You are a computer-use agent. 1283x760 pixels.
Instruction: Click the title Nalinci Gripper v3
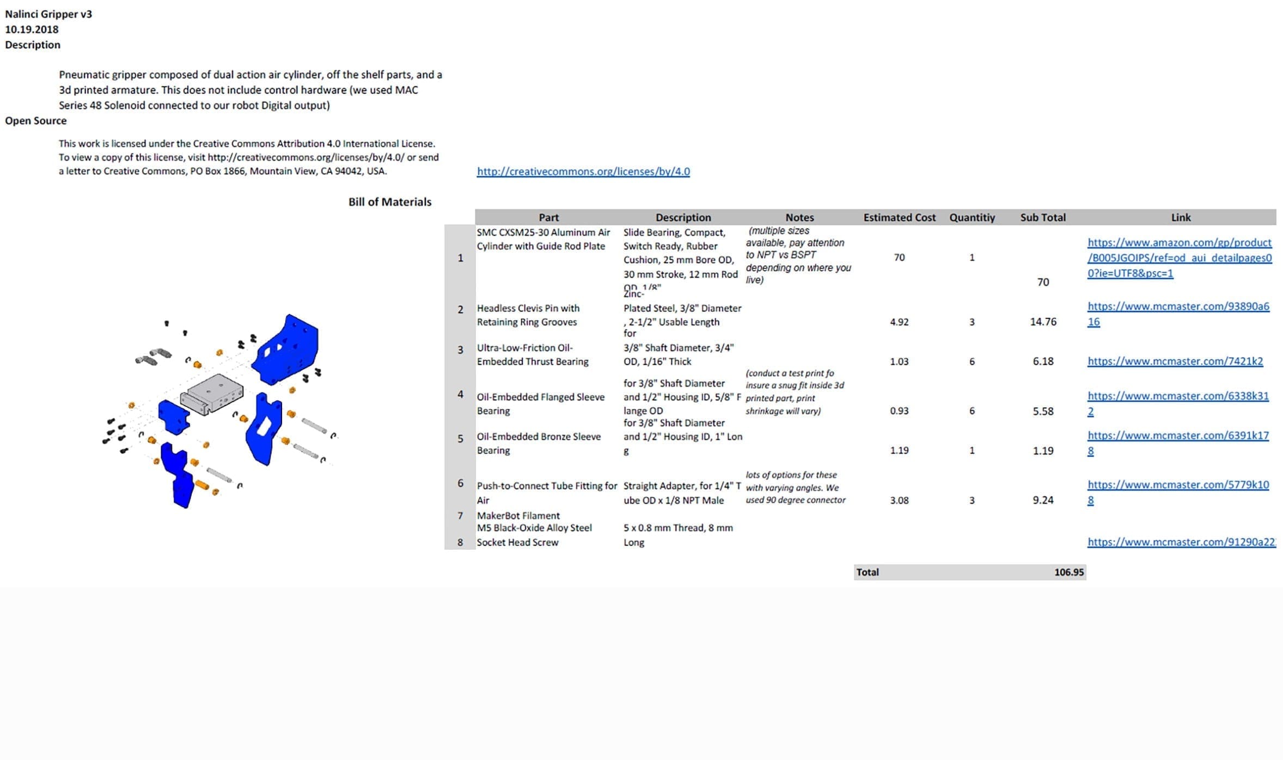[x=48, y=14]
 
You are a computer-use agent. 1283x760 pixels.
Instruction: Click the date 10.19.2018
[x=32, y=29]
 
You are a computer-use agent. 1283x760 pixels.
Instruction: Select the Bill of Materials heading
[x=389, y=202]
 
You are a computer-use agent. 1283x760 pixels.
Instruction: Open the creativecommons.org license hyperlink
[x=583, y=171]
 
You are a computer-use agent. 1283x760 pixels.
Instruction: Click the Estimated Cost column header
[x=899, y=217]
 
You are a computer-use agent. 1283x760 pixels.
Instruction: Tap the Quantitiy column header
[x=972, y=217]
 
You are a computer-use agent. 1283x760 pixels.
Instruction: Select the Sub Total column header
[x=1042, y=217]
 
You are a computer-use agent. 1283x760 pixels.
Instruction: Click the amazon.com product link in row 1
[x=1179, y=258]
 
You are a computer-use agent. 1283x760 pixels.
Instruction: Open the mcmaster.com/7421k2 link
[x=1175, y=361]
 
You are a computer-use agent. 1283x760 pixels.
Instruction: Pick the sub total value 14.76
[x=1042, y=322]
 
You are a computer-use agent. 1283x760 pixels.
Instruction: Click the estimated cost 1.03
[x=899, y=361]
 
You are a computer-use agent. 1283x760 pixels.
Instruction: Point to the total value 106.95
[x=1068, y=572]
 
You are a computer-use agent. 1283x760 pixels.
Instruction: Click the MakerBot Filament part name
[x=518, y=516]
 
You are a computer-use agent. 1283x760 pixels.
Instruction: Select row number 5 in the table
[x=460, y=439]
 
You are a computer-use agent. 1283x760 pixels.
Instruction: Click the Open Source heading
[x=36, y=121]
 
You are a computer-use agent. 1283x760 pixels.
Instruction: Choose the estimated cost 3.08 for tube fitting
[x=899, y=500]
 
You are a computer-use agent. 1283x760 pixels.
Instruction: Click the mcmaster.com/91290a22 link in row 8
[x=1181, y=542]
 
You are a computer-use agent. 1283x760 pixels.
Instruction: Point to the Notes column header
[x=799, y=217]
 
